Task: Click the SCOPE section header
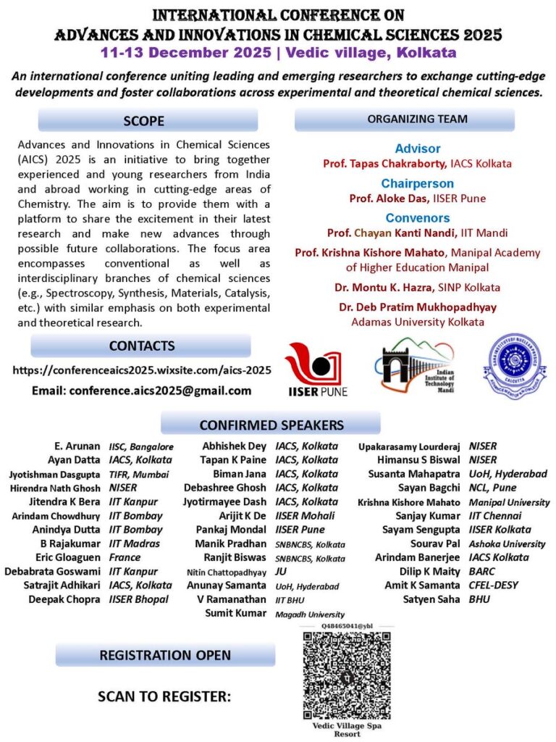tap(148, 120)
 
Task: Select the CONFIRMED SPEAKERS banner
tap(271, 425)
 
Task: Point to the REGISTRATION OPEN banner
tap(165, 655)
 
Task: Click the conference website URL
tap(142, 370)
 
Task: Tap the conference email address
tap(142, 391)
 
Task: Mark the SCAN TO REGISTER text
tap(164, 697)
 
